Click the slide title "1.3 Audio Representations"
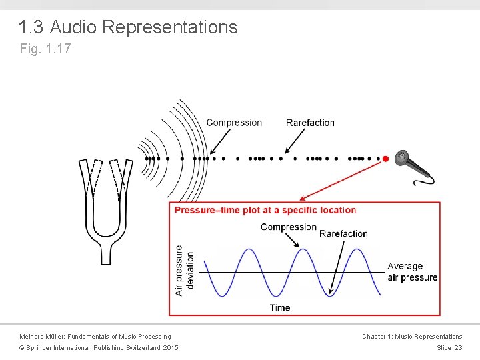coord(127,27)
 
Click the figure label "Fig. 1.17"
coord(45,49)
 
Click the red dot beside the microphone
coord(385,159)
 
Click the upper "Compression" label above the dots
coord(234,123)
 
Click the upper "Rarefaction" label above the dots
coord(310,123)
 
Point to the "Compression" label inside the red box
coord(288,227)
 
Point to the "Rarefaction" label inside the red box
coord(343,233)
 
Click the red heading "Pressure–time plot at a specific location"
coord(265,210)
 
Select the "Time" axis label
coord(280,307)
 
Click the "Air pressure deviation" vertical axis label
coord(184,271)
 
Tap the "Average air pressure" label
coord(412,272)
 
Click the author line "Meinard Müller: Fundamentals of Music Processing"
coord(95,337)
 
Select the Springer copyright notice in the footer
coord(99,348)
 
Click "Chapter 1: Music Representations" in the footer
coord(411,337)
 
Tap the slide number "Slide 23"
coord(449,348)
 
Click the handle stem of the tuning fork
coord(105,253)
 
